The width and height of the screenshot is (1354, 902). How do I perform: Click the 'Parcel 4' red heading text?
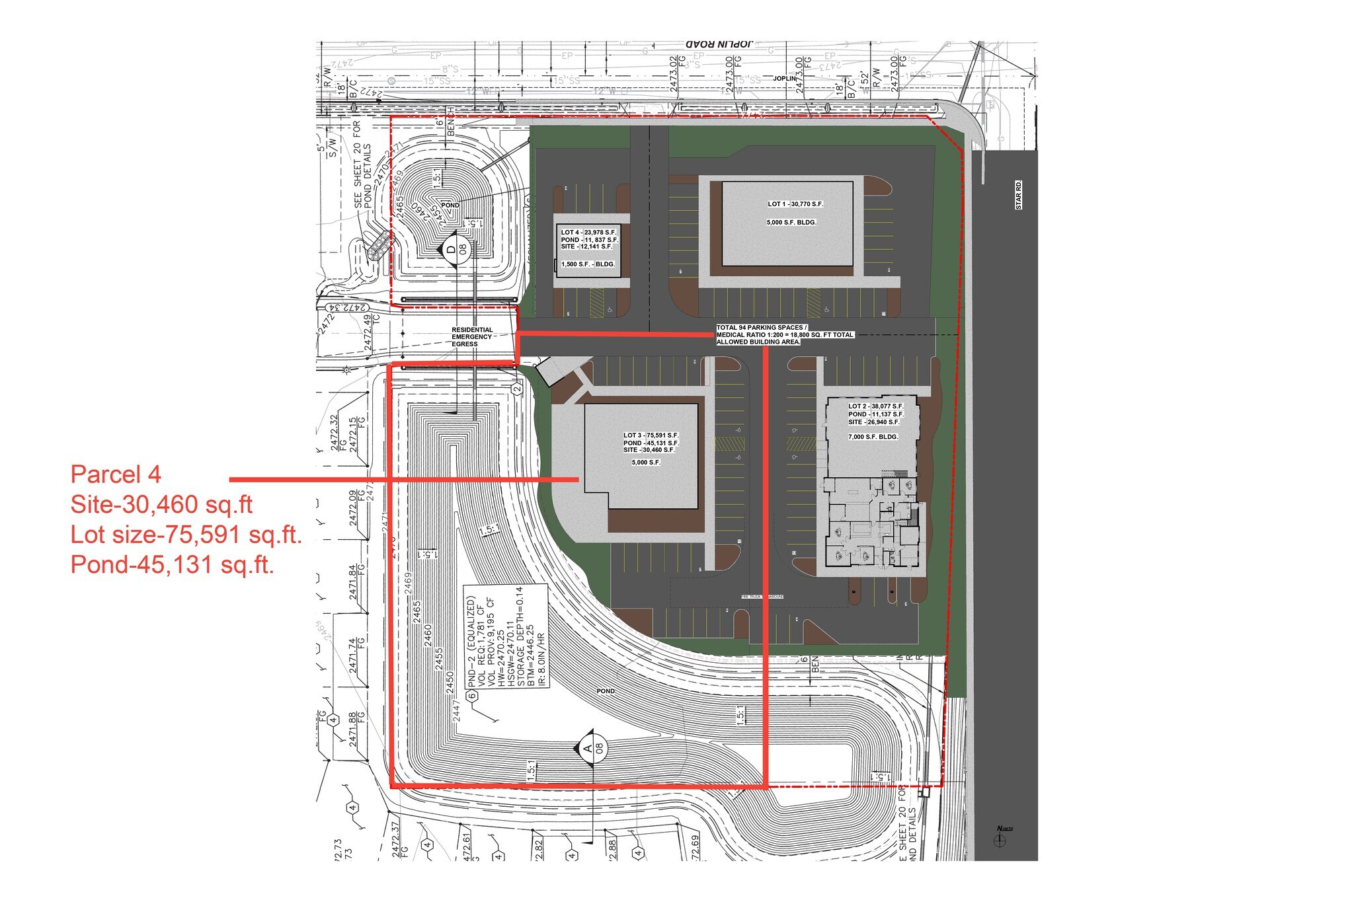click(116, 474)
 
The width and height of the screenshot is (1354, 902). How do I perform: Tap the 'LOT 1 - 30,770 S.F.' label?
click(795, 204)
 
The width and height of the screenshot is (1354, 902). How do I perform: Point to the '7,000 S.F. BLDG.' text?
click(873, 437)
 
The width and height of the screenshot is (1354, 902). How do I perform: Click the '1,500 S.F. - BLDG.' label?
click(588, 264)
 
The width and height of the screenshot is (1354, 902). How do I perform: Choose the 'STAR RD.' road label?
click(1018, 195)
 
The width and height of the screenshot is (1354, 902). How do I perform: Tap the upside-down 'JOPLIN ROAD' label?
click(719, 44)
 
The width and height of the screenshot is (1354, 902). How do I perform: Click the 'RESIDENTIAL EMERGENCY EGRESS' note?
click(472, 337)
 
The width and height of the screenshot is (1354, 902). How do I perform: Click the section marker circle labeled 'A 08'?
click(593, 748)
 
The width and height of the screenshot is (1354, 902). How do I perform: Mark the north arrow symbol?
click(1000, 841)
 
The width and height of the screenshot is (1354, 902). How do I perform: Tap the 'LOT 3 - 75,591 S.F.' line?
click(651, 435)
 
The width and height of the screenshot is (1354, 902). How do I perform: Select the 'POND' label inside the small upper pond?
click(450, 206)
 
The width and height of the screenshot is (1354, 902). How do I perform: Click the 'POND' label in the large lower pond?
click(606, 691)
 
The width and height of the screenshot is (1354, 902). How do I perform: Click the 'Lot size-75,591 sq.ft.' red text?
click(186, 535)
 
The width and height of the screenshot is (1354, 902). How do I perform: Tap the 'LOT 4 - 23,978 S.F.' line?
click(588, 233)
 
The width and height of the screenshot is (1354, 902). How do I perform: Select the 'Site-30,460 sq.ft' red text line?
click(161, 505)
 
